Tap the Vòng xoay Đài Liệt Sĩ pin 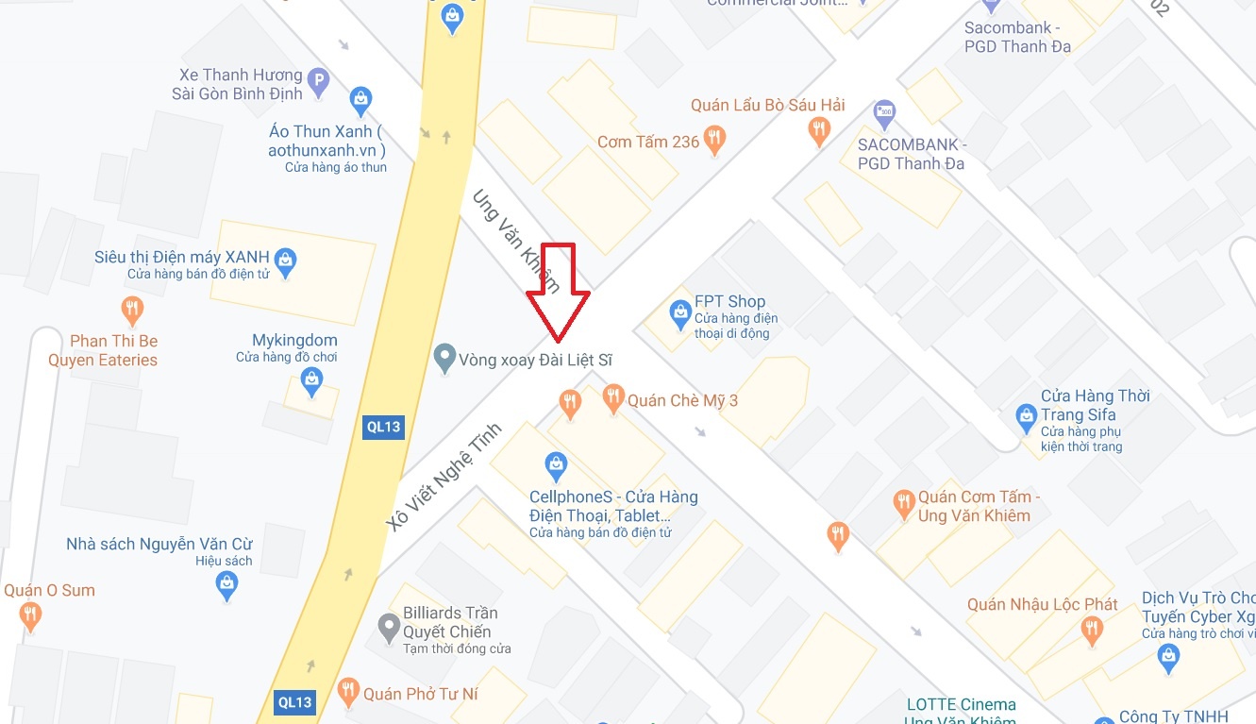click(444, 359)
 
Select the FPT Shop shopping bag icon click(679, 312)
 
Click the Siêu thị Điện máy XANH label click(182, 258)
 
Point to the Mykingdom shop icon click(311, 381)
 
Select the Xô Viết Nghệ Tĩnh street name click(443, 478)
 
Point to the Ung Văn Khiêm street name click(516, 240)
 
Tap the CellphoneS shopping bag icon click(557, 464)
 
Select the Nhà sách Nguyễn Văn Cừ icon click(226, 585)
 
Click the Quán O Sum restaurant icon click(31, 616)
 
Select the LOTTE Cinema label click(961, 705)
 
